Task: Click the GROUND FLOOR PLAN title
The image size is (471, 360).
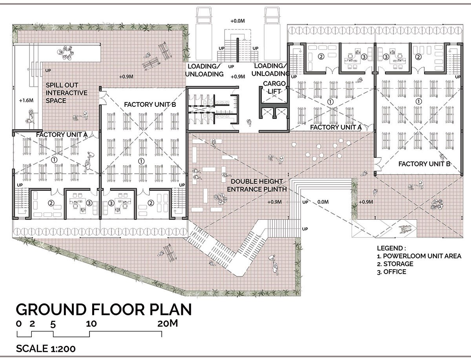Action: (x=104, y=310)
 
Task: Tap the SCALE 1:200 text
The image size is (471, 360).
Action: (x=46, y=349)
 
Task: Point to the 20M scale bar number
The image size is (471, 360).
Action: (x=168, y=323)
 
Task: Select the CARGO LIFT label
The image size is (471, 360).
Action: (x=274, y=87)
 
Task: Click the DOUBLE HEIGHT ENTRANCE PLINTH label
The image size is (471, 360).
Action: (x=257, y=185)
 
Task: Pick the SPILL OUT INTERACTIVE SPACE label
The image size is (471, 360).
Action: (x=66, y=93)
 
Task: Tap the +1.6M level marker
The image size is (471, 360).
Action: (x=26, y=101)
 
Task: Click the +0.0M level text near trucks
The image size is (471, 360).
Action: (x=237, y=21)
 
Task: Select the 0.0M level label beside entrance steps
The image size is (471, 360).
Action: (x=323, y=202)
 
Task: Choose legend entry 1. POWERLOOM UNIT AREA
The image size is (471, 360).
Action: (x=419, y=256)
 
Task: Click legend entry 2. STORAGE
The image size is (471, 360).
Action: (x=395, y=264)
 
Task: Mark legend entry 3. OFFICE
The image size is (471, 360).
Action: (x=392, y=272)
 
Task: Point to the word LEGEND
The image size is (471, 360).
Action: (x=391, y=248)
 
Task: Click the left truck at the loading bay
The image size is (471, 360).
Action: (x=204, y=33)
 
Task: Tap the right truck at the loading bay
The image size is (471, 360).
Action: (x=272, y=33)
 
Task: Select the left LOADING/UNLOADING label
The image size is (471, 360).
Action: (x=204, y=70)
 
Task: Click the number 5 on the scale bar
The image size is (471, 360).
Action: (x=53, y=324)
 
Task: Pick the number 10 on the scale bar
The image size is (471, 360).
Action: (x=91, y=323)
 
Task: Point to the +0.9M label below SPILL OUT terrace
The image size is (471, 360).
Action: (x=126, y=77)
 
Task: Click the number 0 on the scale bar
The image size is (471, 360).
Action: (x=19, y=323)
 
